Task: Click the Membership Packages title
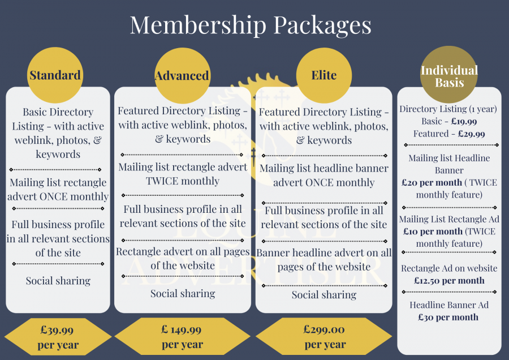pyautogui.click(x=251, y=25)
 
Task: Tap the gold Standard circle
pyautogui.click(x=55, y=75)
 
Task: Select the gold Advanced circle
pyautogui.click(x=183, y=76)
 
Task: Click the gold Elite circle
pyautogui.click(x=324, y=75)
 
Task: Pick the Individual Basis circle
pyautogui.click(x=449, y=74)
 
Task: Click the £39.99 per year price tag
pyautogui.click(x=58, y=337)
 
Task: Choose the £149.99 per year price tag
pyautogui.click(x=182, y=336)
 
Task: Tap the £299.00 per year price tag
pyautogui.click(x=324, y=336)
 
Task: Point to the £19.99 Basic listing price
pyautogui.click(x=464, y=122)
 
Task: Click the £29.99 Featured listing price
pyautogui.click(x=471, y=134)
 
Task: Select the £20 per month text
pyautogui.click(x=432, y=183)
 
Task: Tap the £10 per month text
pyautogui.click(x=433, y=232)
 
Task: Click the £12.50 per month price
pyautogui.click(x=449, y=280)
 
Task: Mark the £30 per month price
pyautogui.click(x=448, y=317)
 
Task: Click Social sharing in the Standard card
pyautogui.click(x=58, y=281)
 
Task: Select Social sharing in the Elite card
pyautogui.click(x=324, y=295)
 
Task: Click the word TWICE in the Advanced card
pyautogui.click(x=162, y=181)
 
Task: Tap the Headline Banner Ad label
pyautogui.click(x=449, y=305)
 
